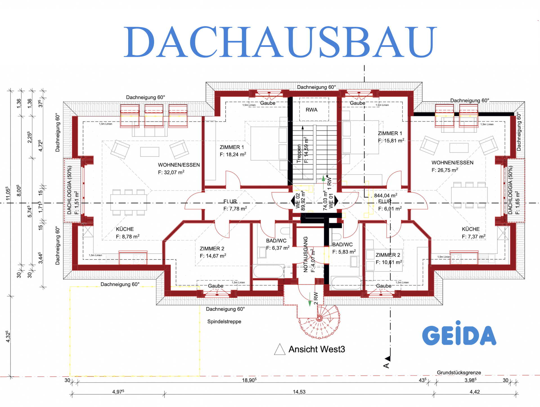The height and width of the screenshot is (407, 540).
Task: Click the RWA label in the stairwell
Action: click(x=311, y=110)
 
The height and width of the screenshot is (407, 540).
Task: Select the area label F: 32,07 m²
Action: click(x=171, y=172)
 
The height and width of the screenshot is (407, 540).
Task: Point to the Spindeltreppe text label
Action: click(x=224, y=321)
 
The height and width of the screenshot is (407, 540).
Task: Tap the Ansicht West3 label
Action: click(x=317, y=349)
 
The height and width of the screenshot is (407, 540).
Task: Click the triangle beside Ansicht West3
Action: click(x=280, y=350)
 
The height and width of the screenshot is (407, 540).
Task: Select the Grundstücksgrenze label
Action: click(x=459, y=372)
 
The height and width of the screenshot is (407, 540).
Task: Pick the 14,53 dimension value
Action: click(x=299, y=392)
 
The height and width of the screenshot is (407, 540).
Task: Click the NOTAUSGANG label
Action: click(x=306, y=254)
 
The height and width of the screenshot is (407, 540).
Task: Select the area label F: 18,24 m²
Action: click(x=233, y=155)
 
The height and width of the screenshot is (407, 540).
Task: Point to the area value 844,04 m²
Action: click(x=386, y=195)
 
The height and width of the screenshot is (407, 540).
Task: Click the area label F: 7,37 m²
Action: click(x=473, y=237)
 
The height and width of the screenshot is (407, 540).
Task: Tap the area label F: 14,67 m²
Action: click(x=213, y=256)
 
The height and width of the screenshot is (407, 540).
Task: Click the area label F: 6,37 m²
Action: click(x=278, y=248)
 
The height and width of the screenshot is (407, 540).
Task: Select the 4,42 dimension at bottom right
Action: click(x=475, y=392)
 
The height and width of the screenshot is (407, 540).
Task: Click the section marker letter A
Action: click(x=386, y=366)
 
